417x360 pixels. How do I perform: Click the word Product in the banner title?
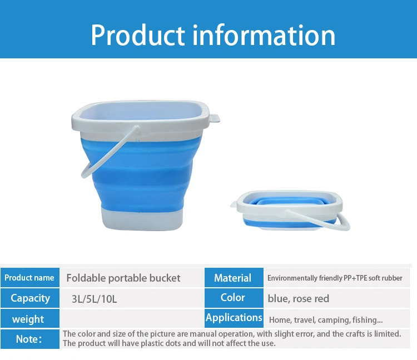click(138, 36)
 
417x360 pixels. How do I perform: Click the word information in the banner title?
click(264, 35)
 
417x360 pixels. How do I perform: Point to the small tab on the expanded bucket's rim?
click(215, 118)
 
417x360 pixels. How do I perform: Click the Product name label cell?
click(30, 278)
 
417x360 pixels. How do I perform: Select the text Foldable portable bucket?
click(123, 278)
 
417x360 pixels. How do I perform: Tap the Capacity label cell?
click(30, 298)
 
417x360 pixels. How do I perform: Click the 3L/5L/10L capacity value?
click(94, 299)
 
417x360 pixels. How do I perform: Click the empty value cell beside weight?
click(132, 318)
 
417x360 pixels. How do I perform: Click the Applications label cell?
click(234, 318)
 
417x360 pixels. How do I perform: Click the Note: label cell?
click(30, 339)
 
